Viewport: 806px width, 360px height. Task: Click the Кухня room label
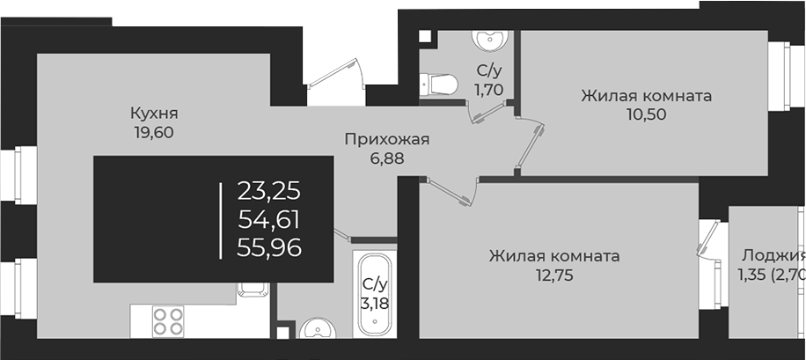click(x=154, y=114)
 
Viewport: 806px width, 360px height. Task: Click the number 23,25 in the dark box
click(x=268, y=191)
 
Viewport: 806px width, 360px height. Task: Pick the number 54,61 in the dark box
click(x=268, y=219)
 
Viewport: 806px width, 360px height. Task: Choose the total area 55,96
click(x=268, y=248)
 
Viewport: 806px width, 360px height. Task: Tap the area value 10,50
click(x=645, y=115)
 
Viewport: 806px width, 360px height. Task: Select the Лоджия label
click(x=773, y=255)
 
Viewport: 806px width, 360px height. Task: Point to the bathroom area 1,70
click(x=489, y=89)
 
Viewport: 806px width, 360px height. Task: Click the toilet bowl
click(x=439, y=84)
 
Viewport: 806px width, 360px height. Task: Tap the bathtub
click(x=375, y=295)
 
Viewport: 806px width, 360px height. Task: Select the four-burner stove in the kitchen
click(x=167, y=320)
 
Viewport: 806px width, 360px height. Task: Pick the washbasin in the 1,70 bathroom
click(x=487, y=40)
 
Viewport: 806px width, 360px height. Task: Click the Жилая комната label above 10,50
click(x=645, y=96)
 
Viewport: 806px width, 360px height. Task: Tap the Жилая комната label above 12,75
click(x=553, y=256)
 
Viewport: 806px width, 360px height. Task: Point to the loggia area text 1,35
click(x=754, y=275)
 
